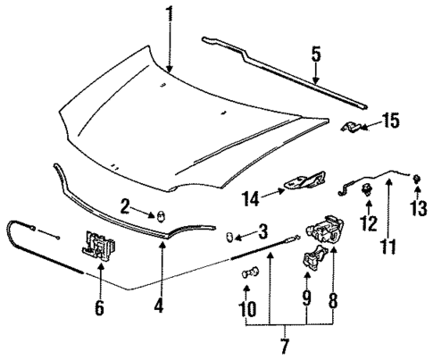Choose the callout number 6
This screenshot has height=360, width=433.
[x=99, y=308]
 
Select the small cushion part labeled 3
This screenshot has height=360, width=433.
[x=229, y=236]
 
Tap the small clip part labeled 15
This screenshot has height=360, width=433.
[x=354, y=127]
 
